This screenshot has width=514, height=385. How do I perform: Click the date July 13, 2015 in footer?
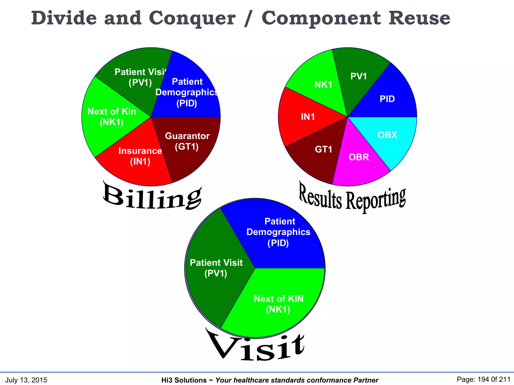pos(26,380)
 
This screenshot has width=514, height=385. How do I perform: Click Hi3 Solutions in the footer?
pos(184,380)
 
